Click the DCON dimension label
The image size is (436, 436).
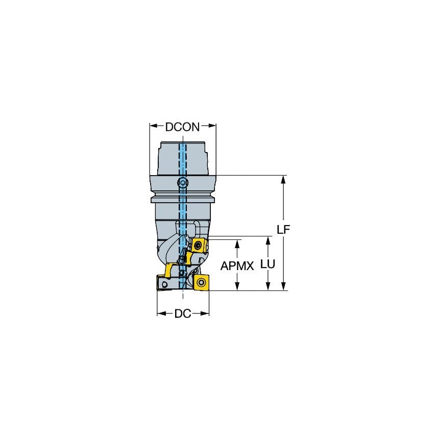pos(183,127)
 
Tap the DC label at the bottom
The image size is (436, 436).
pos(182,314)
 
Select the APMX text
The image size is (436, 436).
pos(237,266)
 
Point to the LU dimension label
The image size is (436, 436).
pos(268,264)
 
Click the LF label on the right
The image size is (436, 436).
pos(283,229)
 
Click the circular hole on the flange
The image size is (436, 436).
pos(182,183)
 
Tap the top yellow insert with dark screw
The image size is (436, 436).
pos(199,246)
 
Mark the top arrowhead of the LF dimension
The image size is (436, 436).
pos(284,179)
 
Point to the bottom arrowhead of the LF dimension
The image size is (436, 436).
pos(284,287)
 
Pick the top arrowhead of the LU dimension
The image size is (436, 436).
pos(268,240)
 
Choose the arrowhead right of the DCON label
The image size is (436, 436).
pos(213,125)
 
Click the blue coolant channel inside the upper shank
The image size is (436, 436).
pos(182,158)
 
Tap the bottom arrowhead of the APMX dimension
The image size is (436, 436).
pos(237,287)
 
